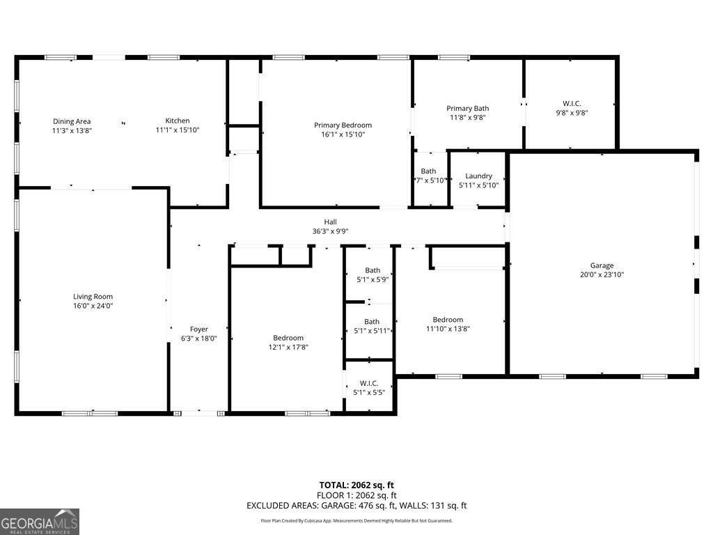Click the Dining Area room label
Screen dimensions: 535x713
click(72, 122)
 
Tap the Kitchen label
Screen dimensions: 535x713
click(178, 121)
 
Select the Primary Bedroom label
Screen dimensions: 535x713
click(343, 125)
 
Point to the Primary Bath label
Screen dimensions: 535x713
click(467, 109)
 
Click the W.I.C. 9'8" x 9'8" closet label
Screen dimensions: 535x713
click(571, 104)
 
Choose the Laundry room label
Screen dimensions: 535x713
click(478, 176)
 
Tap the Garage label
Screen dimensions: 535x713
click(602, 265)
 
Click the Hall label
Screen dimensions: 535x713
click(330, 222)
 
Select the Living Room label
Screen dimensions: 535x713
click(93, 297)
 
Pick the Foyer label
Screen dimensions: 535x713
click(199, 329)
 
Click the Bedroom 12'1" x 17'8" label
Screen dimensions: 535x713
click(288, 338)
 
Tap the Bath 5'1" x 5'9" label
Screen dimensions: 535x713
click(373, 270)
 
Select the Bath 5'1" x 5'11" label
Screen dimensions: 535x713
click(373, 322)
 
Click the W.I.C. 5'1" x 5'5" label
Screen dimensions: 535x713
click(369, 383)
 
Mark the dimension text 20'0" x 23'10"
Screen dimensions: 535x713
click(602, 274)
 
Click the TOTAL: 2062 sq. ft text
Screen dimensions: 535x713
click(356, 485)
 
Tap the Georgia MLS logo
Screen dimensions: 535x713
click(40, 522)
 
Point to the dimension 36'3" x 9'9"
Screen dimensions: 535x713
click(330, 231)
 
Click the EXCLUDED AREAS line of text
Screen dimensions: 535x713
click(356, 506)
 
